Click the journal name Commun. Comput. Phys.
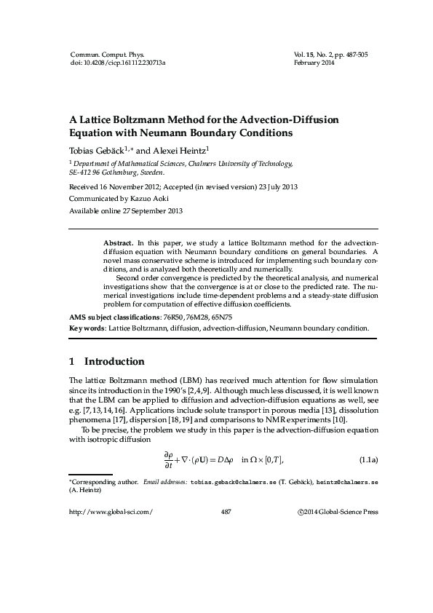click(x=107, y=55)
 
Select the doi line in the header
click(x=118, y=63)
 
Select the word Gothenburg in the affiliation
click(x=122, y=173)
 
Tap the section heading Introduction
click(x=114, y=362)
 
